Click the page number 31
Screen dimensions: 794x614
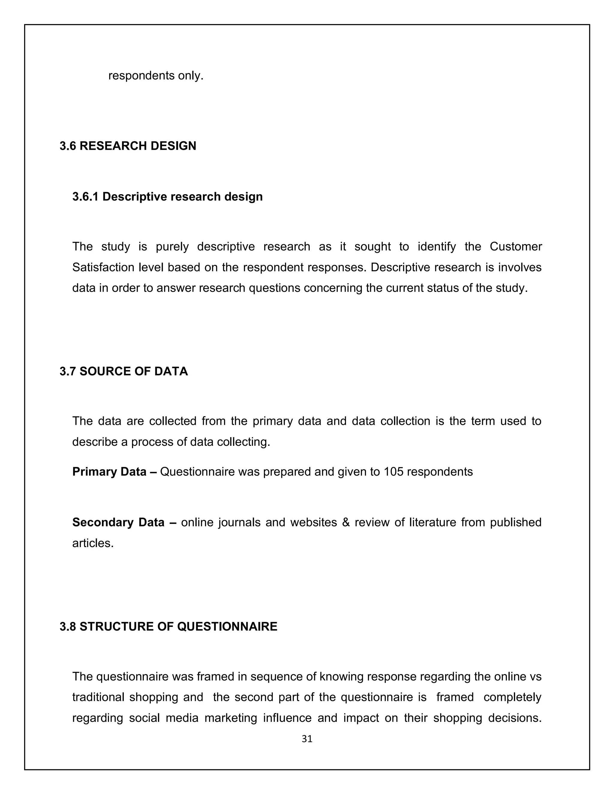coord(307,739)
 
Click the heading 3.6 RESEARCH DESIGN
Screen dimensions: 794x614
coord(128,146)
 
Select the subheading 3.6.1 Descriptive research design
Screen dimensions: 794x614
coord(167,196)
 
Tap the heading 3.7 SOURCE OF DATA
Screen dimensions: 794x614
coord(124,371)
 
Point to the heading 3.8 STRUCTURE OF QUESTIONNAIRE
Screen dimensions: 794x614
coord(168,627)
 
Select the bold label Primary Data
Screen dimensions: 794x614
coord(109,472)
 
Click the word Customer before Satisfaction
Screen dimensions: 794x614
coord(515,247)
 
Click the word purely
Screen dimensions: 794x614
coord(172,247)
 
